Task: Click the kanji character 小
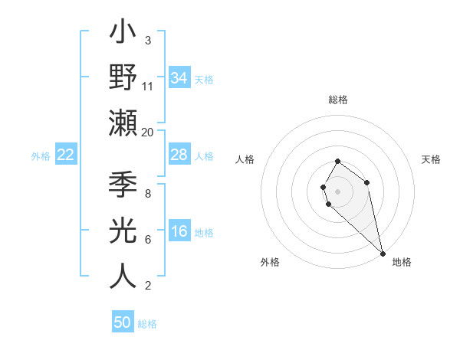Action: click(x=123, y=34)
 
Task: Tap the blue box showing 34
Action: click(x=179, y=77)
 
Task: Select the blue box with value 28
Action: click(x=179, y=155)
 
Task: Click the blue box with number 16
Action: click(x=179, y=231)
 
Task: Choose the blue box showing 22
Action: click(x=66, y=155)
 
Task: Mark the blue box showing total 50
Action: click(x=123, y=322)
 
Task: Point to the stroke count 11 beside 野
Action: click(x=148, y=86)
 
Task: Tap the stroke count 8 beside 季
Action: click(x=148, y=194)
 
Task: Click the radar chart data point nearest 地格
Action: click(x=383, y=253)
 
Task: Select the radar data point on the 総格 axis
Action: click(x=337, y=161)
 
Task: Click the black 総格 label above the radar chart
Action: click(x=338, y=100)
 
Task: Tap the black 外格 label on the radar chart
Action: click(x=270, y=262)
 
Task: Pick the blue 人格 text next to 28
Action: click(x=204, y=155)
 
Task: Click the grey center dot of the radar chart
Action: click(x=337, y=190)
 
